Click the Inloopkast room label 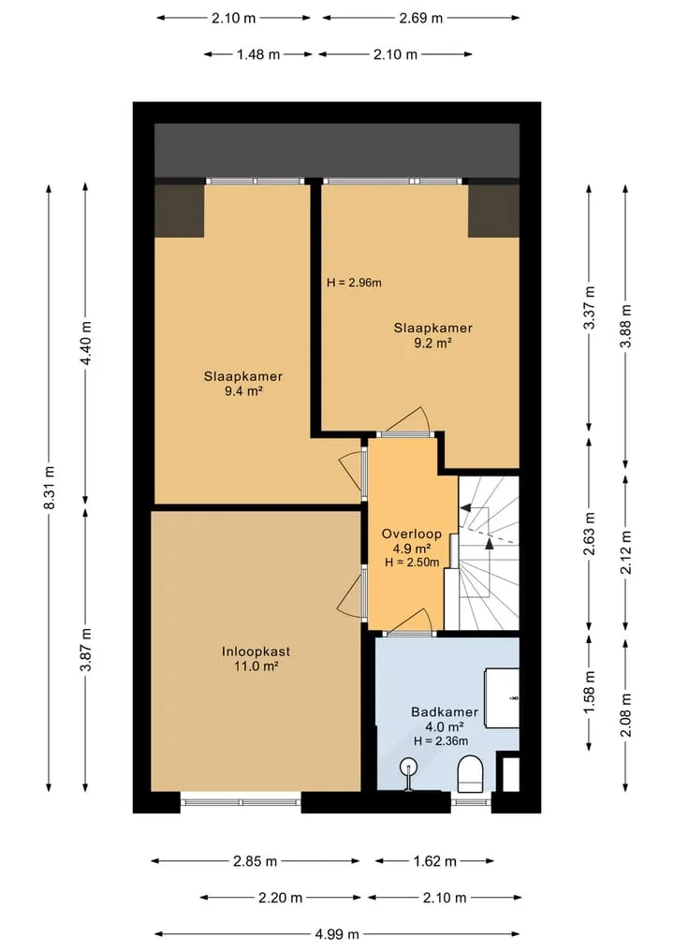point(256,652)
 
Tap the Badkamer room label point(445,711)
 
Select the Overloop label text point(411,535)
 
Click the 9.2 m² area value point(432,343)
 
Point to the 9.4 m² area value point(243,391)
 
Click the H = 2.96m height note point(354,283)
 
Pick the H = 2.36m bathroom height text point(441,740)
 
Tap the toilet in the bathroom point(469,773)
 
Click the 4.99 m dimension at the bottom point(337,934)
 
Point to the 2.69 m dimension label point(421,18)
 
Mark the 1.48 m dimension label point(258,54)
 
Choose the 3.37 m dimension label point(589,307)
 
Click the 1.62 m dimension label point(434,861)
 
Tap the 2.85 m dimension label point(255,861)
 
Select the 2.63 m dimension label point(589,534)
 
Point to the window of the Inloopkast point(242,802)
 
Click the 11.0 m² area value point(256,666)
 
